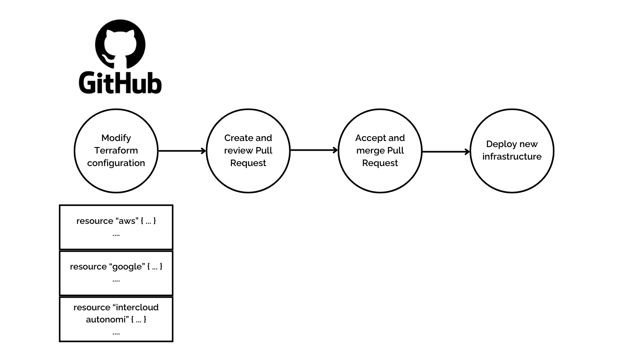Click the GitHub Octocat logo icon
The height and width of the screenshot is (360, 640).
pos(120,44)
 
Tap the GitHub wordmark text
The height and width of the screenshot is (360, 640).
pos(120,83)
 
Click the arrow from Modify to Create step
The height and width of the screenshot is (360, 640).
pos(182,151)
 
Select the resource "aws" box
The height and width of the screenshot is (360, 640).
pos(116,227)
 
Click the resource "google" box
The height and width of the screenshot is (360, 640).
pos(116,273)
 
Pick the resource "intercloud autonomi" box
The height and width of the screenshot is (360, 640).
pos(116,319)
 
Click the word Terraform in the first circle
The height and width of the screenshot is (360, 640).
pos(116,150)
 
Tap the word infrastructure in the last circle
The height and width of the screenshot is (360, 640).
pos(512,157)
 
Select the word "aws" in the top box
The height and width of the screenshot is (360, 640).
pos(127,221)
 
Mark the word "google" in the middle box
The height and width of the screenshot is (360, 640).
pos(127,267)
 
